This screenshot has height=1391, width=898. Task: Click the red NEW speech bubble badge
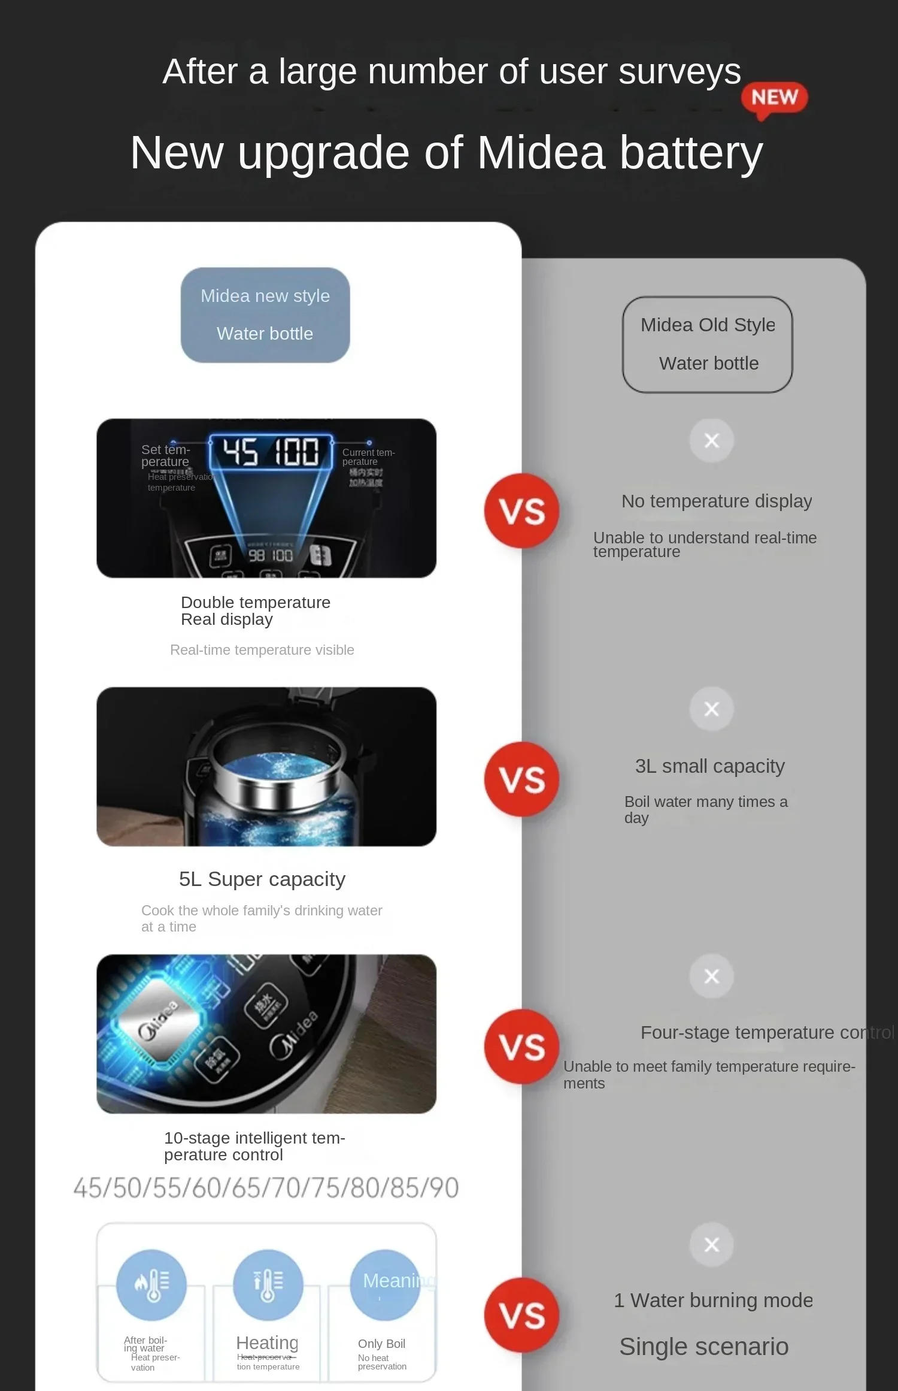click(x=774, y=98)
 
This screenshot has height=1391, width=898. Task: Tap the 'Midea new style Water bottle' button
click(x=265, y=315)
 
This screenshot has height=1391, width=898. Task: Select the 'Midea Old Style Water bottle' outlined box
click(x=708, y=344)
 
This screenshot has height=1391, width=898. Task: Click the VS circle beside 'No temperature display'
click(x=522, y=511)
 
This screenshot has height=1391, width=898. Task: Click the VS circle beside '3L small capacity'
click(x=522, y=779)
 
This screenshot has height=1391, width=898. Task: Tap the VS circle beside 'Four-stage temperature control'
click(x=522, y=1047)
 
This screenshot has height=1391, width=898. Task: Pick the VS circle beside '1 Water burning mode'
click(x=522, y=1316)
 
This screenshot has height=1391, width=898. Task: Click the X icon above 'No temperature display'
click(x=711, y=441)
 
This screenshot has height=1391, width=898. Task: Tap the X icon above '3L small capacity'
click(x=711, y=709)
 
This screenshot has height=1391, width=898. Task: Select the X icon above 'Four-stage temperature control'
click(x=711, y=976)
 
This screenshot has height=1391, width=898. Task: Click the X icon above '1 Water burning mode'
click(x=711, y=1245)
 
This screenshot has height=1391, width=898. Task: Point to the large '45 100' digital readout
click(x=271, y=452)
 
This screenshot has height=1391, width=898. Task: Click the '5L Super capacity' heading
click(x=262, y=879)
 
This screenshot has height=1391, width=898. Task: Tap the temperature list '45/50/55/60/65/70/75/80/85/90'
click(x=266, y=1187)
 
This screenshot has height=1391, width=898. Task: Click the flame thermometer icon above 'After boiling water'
click(x=151, y=1284)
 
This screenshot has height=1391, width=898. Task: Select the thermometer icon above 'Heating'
click(x=268, y=1284)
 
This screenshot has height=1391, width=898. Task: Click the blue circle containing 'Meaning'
click(x=384, y=1284)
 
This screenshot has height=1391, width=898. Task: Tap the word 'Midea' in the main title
click(x=541, y=153)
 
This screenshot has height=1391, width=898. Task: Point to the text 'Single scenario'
click(x=703, y=1347)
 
